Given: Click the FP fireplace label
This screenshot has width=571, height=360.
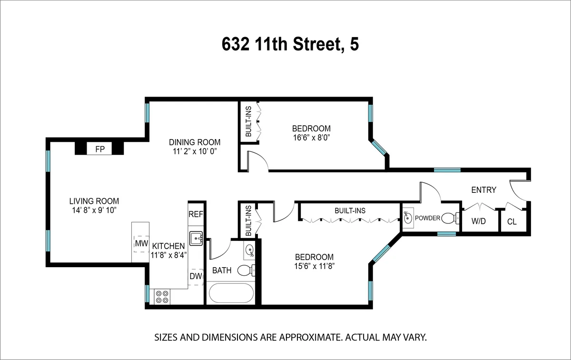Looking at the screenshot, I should pyautogui.click(x=100, y=149).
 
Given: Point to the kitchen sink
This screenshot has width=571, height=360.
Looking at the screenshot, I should pyautogui.click(x=196, y=238).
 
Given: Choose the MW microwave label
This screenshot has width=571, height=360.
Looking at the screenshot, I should pyautogui.click(x=141, y=244).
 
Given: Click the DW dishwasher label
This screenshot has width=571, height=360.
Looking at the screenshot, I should pyautogui.click(x=195, y=276).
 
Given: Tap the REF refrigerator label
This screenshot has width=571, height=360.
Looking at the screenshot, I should pyautogui.click(x=196, y=214).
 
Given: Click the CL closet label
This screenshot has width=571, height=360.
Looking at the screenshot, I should pyautogui.click(x=512, y=221).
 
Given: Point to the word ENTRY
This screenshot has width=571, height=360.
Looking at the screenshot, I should pyautogui.click(x=483, y=190).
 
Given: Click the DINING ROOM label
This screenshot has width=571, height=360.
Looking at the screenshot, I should pyautogui.click(x=195, y=142).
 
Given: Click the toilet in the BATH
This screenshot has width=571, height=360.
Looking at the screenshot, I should pyautogui.click(x=245, y=270).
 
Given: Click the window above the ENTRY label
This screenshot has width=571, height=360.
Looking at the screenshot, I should pyautogui.click(x=447, y=170).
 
